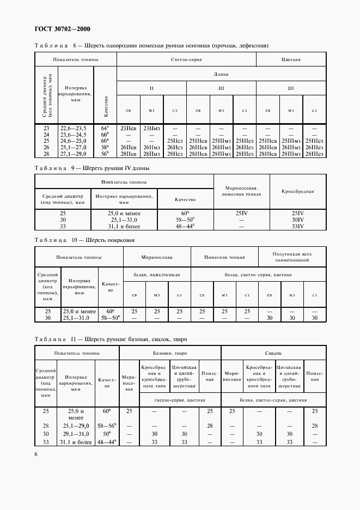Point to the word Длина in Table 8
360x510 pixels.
click(221, 74)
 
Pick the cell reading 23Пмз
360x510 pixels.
click(151, 129)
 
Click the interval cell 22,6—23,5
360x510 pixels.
click(73, 129)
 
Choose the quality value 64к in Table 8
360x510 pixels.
click(105, 128)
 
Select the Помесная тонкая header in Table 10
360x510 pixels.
click(224, 257)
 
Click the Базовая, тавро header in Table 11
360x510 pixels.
click(170, 353)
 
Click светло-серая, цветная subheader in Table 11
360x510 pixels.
click(169, 400)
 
